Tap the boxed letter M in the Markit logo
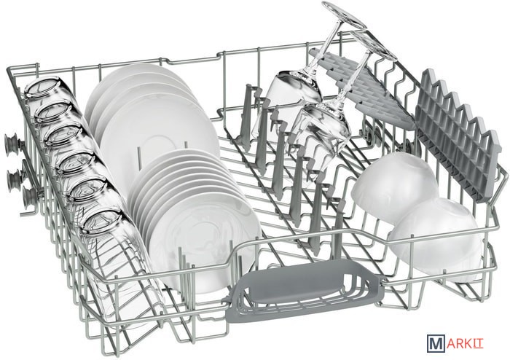point(435,343)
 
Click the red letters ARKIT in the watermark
point(465,344)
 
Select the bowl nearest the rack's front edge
point(435,240)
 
